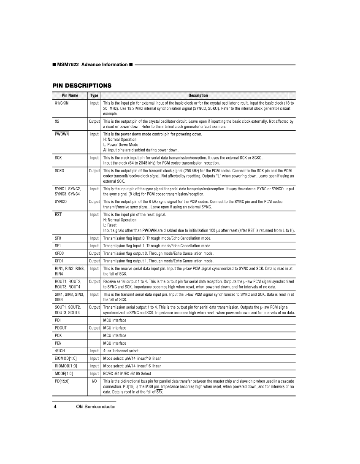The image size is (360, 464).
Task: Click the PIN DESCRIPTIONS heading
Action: [82, 86]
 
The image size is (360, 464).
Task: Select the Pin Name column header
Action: [70, 96]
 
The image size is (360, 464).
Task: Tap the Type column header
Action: [94, 96]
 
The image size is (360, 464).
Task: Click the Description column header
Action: [198, 96]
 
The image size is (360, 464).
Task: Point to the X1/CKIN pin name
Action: [62, 103]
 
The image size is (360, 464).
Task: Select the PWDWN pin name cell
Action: [62, 134]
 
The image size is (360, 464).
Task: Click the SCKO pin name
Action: [60, 170]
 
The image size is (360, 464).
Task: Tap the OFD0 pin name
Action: [60, 254]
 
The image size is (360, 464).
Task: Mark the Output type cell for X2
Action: [94, 121]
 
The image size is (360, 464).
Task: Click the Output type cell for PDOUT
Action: [94, 328]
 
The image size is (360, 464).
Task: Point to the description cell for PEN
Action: [115, 343]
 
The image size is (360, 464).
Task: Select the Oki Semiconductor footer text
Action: [96, 407]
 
